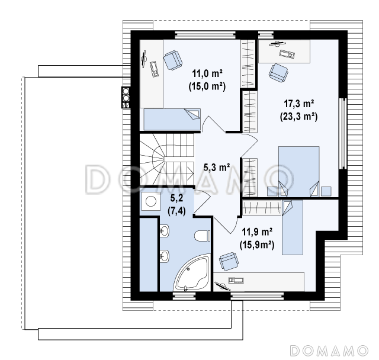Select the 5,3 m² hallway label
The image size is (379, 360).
click(x=217, y=167)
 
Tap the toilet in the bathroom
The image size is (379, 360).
click(x=203, y=236)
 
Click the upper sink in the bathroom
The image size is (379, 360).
click(x=165, y=230)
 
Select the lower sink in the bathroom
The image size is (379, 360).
click(x=165, y=256)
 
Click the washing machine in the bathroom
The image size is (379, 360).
click(x=151, y=201)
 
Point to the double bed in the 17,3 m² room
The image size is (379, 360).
click(x=298, y=171)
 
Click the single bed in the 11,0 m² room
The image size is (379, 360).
click(x=172, y=120)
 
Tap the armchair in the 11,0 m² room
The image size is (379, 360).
click(x=172, y=60)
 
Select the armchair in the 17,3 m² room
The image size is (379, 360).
click(x=278, y=72)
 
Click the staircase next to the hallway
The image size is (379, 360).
click(x=167, y=160)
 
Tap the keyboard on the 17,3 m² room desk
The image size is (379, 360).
click(x=287, y=54)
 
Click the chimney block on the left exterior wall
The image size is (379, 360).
click(x=126, y=97)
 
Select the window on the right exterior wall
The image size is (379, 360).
click(x=343, y=134)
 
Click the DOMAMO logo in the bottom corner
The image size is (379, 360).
click(x=329, y=351)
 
